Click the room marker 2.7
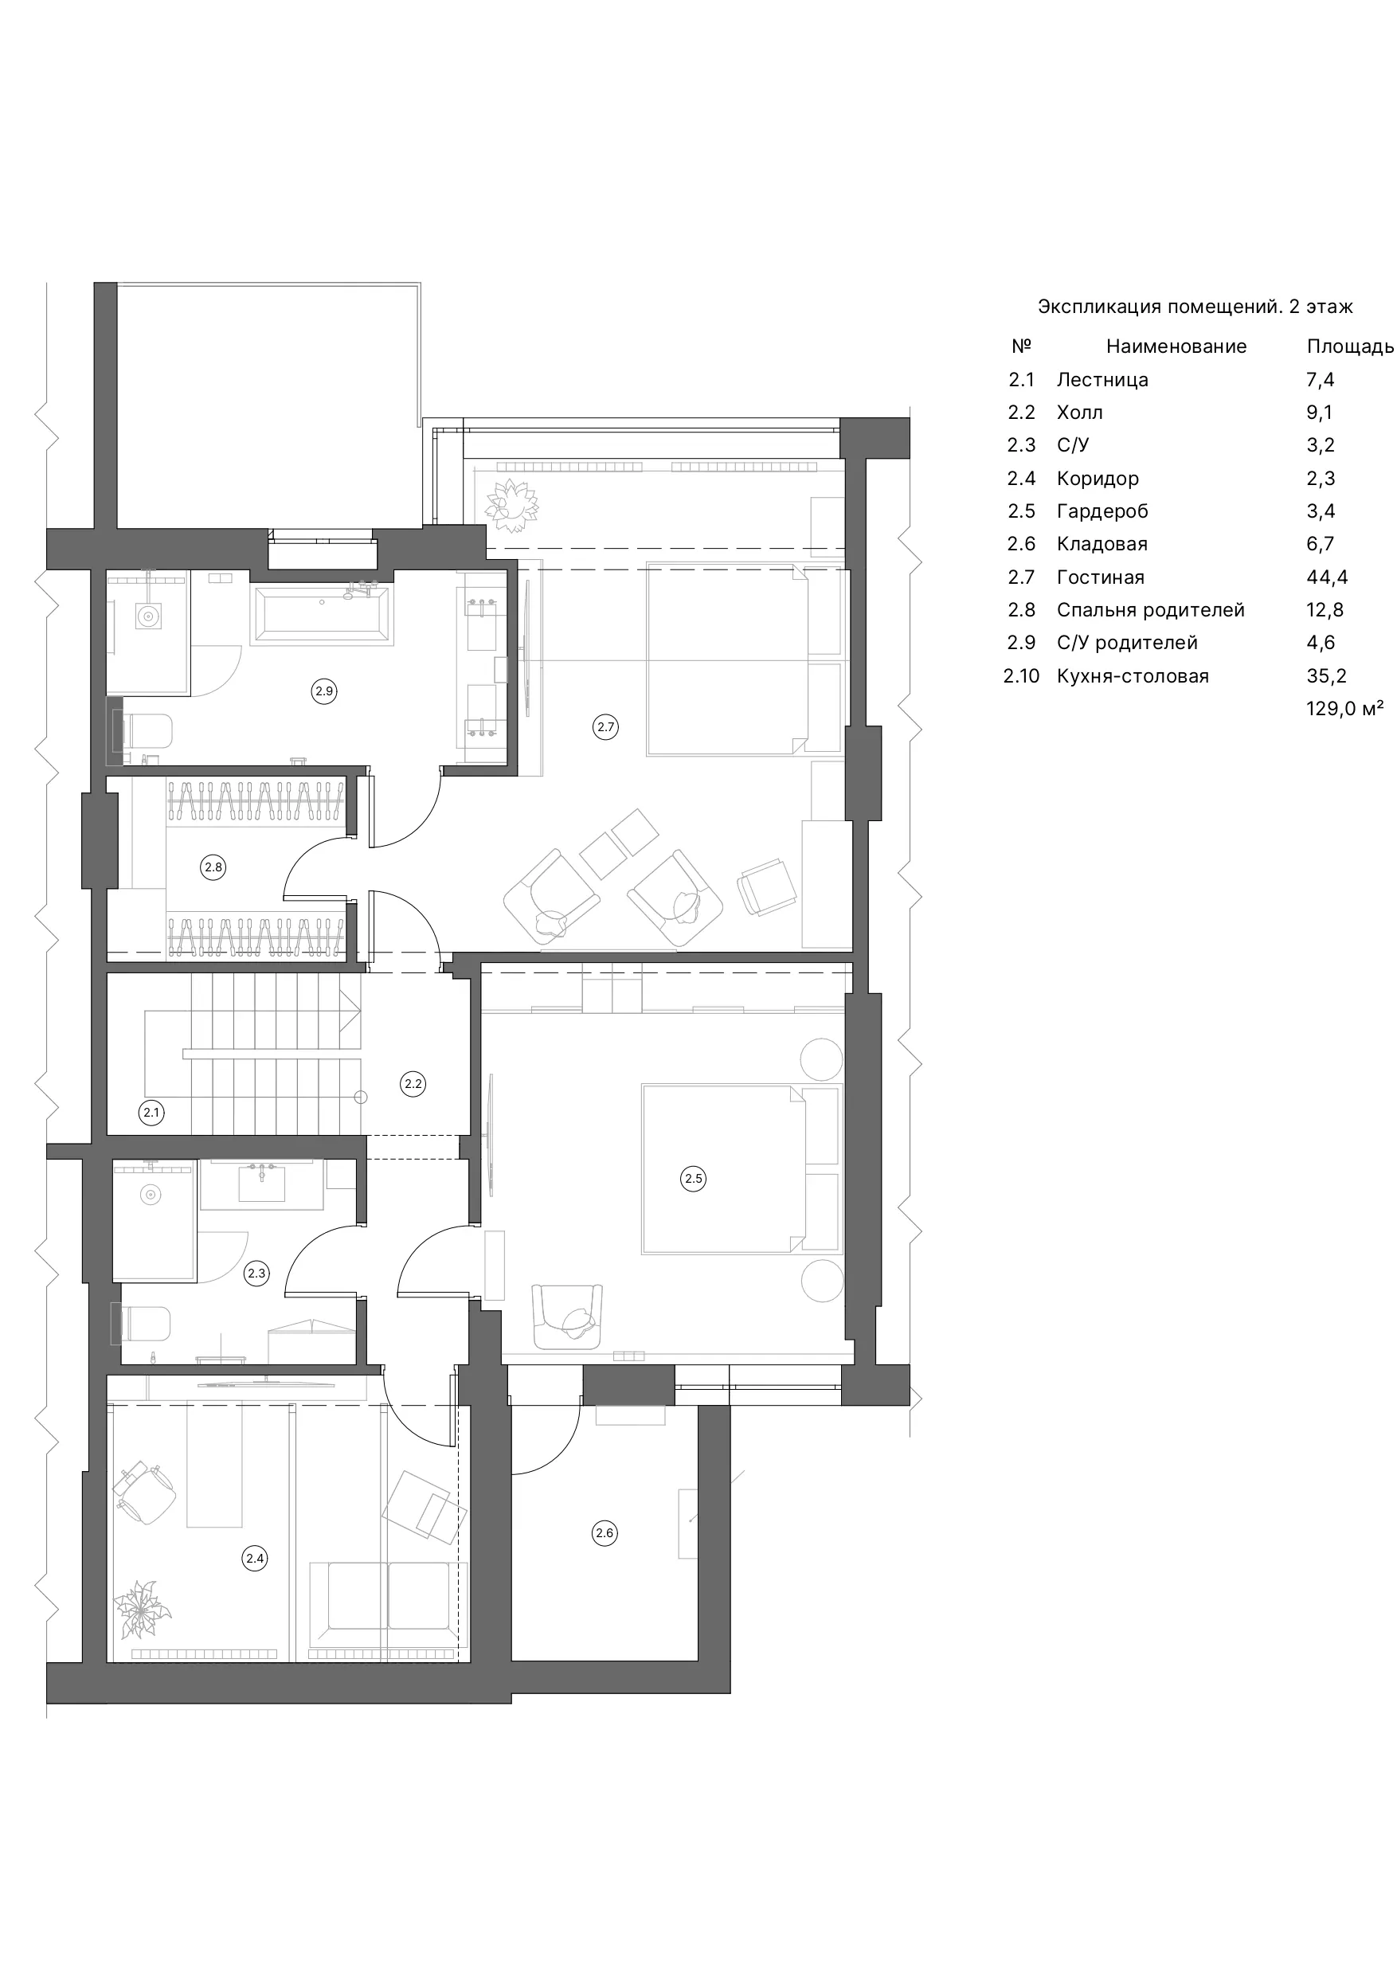tap(606, 727)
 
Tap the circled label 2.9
tap(323, 691)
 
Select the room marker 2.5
tap(694, 1179)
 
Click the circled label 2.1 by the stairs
tap(151, 1113)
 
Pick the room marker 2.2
tap(413, 1083)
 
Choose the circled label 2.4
tap(255, 1558)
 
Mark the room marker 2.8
tap(213, 867)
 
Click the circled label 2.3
tap(256, 1274)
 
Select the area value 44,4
tap(1327, 577)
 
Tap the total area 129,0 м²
tap(1344, 708)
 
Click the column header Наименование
tap(1176, 346)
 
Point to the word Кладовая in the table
tap(1102, 544)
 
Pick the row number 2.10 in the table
tap(1021, 676)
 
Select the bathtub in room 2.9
tap(322, 613)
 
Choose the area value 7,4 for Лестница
tap(1320, 381)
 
